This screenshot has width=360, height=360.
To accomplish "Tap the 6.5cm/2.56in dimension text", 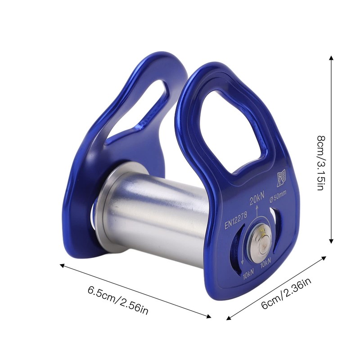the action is pyautogui.click(x=118, y=300).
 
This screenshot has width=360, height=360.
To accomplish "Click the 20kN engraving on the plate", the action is pyautogui.click(x=257, y=198).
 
